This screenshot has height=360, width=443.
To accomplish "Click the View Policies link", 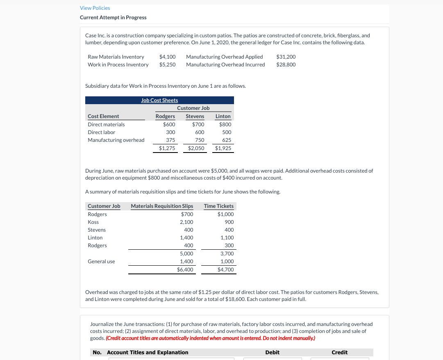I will [x=95, y=8].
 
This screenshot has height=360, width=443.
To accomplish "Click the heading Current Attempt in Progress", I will [x=113, y=17].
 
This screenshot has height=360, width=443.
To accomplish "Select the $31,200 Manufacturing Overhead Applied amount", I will [x=286, y=57].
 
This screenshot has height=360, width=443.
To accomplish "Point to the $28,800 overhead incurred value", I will [x=286, y=64].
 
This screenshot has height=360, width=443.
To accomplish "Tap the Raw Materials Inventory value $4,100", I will [x=167, y=57].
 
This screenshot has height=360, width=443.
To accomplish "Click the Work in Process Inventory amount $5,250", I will [x=167, y=64].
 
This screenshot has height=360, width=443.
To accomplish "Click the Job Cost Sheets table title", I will [x=159, y=100].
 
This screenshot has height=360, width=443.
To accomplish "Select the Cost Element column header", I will [x=103, y=116].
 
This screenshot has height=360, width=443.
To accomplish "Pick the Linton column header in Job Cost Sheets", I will [x=223, y=116].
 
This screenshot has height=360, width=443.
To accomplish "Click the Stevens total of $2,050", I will [x=196, y=148].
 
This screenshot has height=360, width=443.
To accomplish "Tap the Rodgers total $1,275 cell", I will [x=167, y=148].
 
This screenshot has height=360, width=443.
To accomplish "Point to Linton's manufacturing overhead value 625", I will [x=226, y=140].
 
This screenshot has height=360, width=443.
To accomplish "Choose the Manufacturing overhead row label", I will [x=116, y=140].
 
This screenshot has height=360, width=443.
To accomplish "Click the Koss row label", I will [x=93, y=222].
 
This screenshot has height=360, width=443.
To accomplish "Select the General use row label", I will [x=101, y=261].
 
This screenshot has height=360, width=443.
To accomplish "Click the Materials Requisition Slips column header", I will [x=162, y=206].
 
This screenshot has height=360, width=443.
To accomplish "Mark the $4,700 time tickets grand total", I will [x=225, y=269].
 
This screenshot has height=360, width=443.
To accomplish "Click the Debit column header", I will [x=272, y=352].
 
